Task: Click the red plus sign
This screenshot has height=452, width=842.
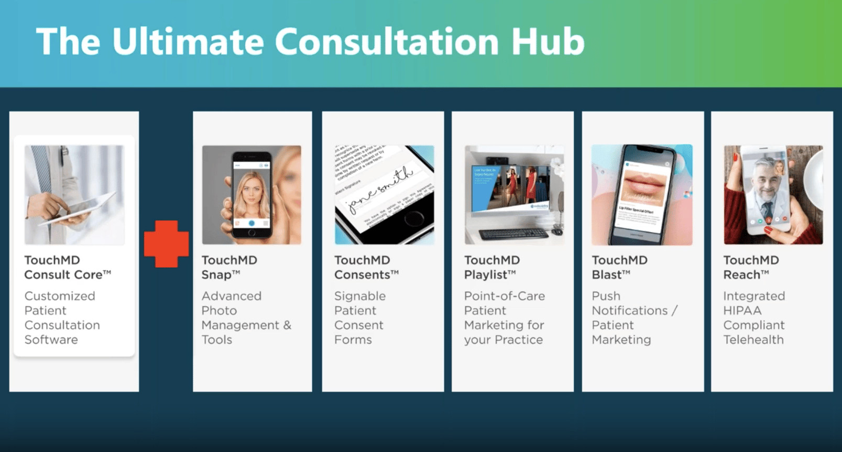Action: tap(166, 244)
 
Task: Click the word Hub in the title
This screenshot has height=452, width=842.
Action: tap(548, 42)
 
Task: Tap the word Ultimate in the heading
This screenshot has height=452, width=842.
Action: tap(188, 42)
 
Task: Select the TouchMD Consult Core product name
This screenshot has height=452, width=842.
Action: tap(67, 267)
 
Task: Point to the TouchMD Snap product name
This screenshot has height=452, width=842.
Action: tap(229, 267)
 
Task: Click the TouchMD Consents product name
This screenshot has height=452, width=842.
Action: tap(366, 267)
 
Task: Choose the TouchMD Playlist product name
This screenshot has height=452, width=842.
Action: tap(491, 267)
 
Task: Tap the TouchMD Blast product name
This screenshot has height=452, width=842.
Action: tap(619, 267)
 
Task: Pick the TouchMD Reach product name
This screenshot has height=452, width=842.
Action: tap(750, 267)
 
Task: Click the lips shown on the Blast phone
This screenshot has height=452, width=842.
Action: tap(642, 188)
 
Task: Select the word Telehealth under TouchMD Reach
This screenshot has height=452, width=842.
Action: tap(753, 340)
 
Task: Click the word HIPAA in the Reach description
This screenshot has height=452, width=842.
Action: tap(742, 311)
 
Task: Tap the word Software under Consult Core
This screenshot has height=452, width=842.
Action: tap(51, 340)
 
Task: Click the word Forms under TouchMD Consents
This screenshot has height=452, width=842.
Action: tap(353, 340)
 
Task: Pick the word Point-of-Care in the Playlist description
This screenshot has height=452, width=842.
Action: tap(504, 296)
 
